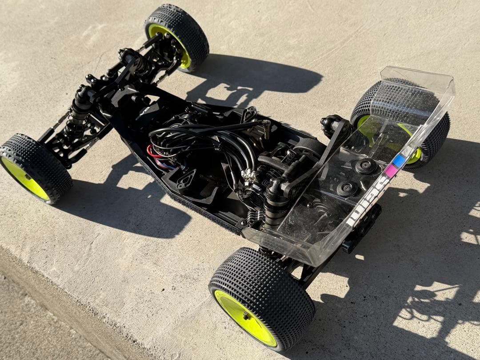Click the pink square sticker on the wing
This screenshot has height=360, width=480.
click(391, 170)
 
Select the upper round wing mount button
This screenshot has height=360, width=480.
click(366, 166)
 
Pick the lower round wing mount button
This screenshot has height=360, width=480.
click(347, 188)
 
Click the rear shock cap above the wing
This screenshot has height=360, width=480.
click(331, 121)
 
